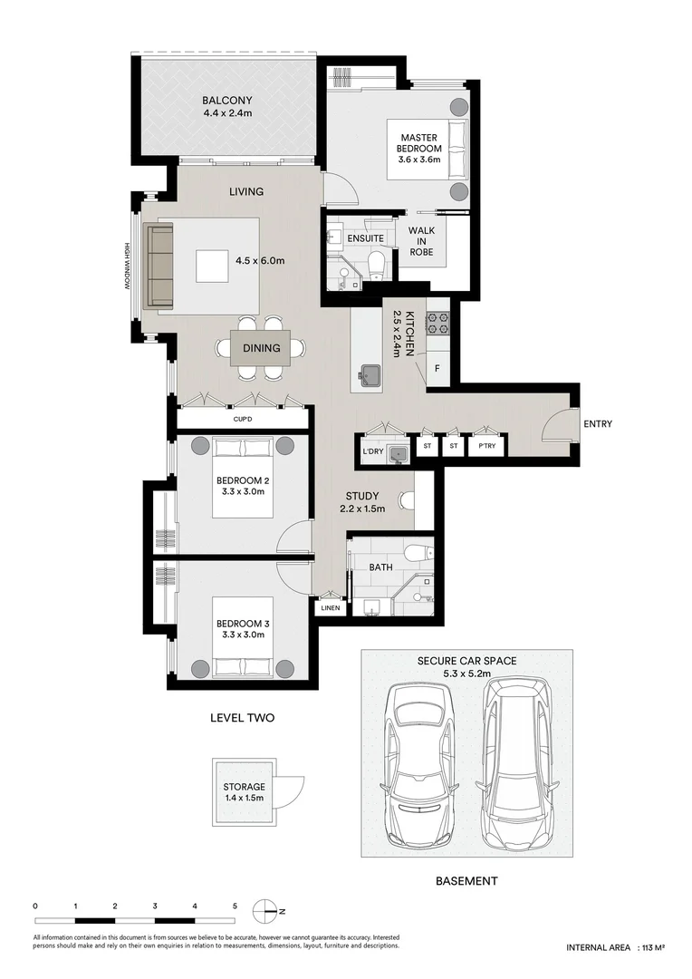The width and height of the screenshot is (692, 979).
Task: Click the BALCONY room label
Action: click(227, 101)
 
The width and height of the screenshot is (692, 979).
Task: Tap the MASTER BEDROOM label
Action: click(419, 143)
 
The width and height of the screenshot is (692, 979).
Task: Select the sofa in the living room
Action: click(159, 267)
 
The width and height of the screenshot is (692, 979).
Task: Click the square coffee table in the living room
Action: click(212, 267)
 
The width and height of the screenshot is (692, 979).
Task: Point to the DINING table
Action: click(262, 348)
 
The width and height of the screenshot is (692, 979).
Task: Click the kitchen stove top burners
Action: click(437, 323)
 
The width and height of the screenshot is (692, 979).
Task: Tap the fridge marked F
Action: click(437, 368)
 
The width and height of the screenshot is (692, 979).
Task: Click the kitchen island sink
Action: click(370, 374)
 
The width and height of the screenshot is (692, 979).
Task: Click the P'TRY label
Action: click(486, 446)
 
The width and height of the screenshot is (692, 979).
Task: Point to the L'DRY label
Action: click(372, 451)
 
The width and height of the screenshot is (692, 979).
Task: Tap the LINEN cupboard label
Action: click(331, 607)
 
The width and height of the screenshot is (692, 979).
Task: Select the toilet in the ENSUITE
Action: click(376, 267)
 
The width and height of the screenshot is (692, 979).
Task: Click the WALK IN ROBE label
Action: click(421, 241)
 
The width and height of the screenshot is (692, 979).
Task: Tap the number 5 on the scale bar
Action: click(235, 906)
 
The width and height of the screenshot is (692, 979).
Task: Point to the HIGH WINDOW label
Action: click(127, 266)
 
